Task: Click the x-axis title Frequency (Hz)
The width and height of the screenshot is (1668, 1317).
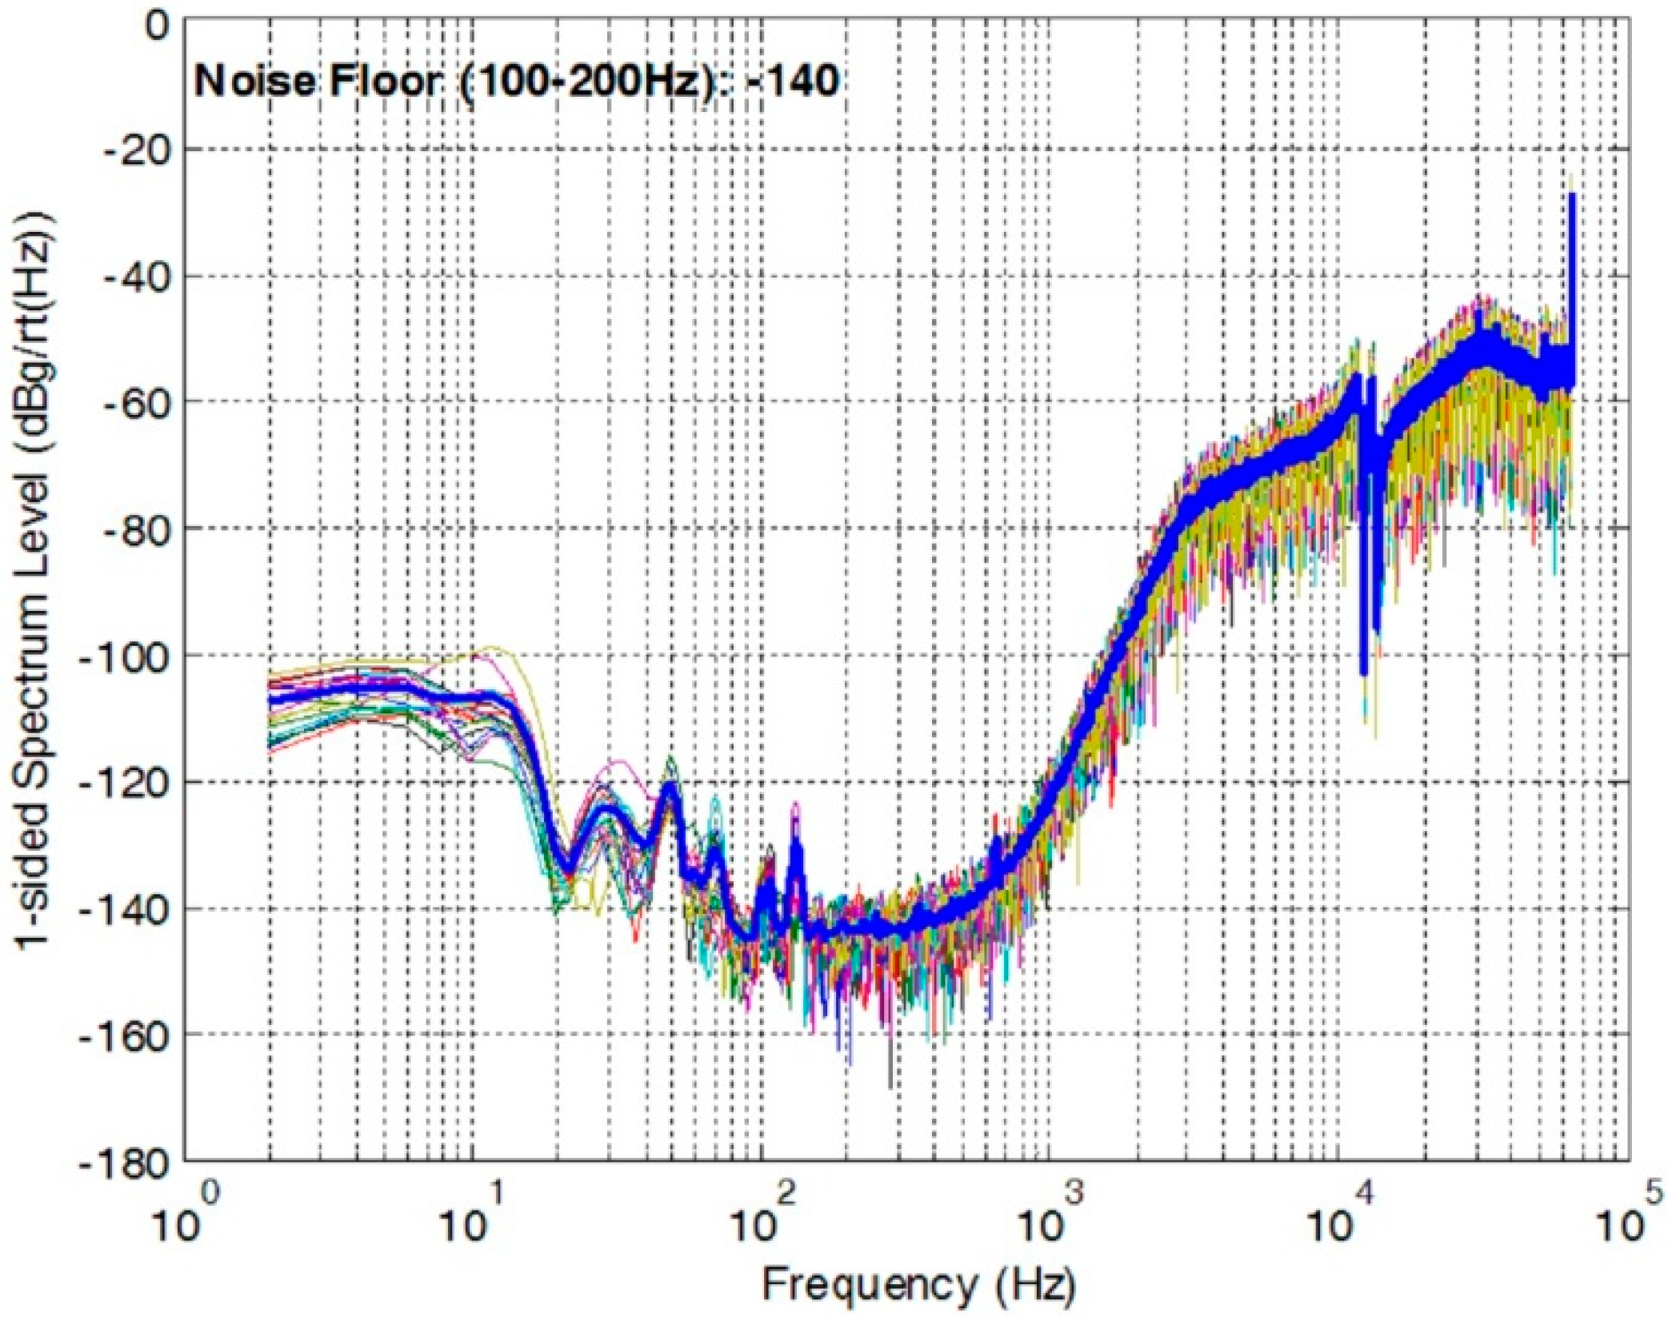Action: tap(918, 1285)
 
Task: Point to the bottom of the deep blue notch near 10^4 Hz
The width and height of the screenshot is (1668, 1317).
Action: tap(1364, 673)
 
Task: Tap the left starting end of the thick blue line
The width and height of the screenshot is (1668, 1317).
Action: tap(270, 698)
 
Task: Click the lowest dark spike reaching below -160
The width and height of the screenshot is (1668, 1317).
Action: tap(890, 1086)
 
